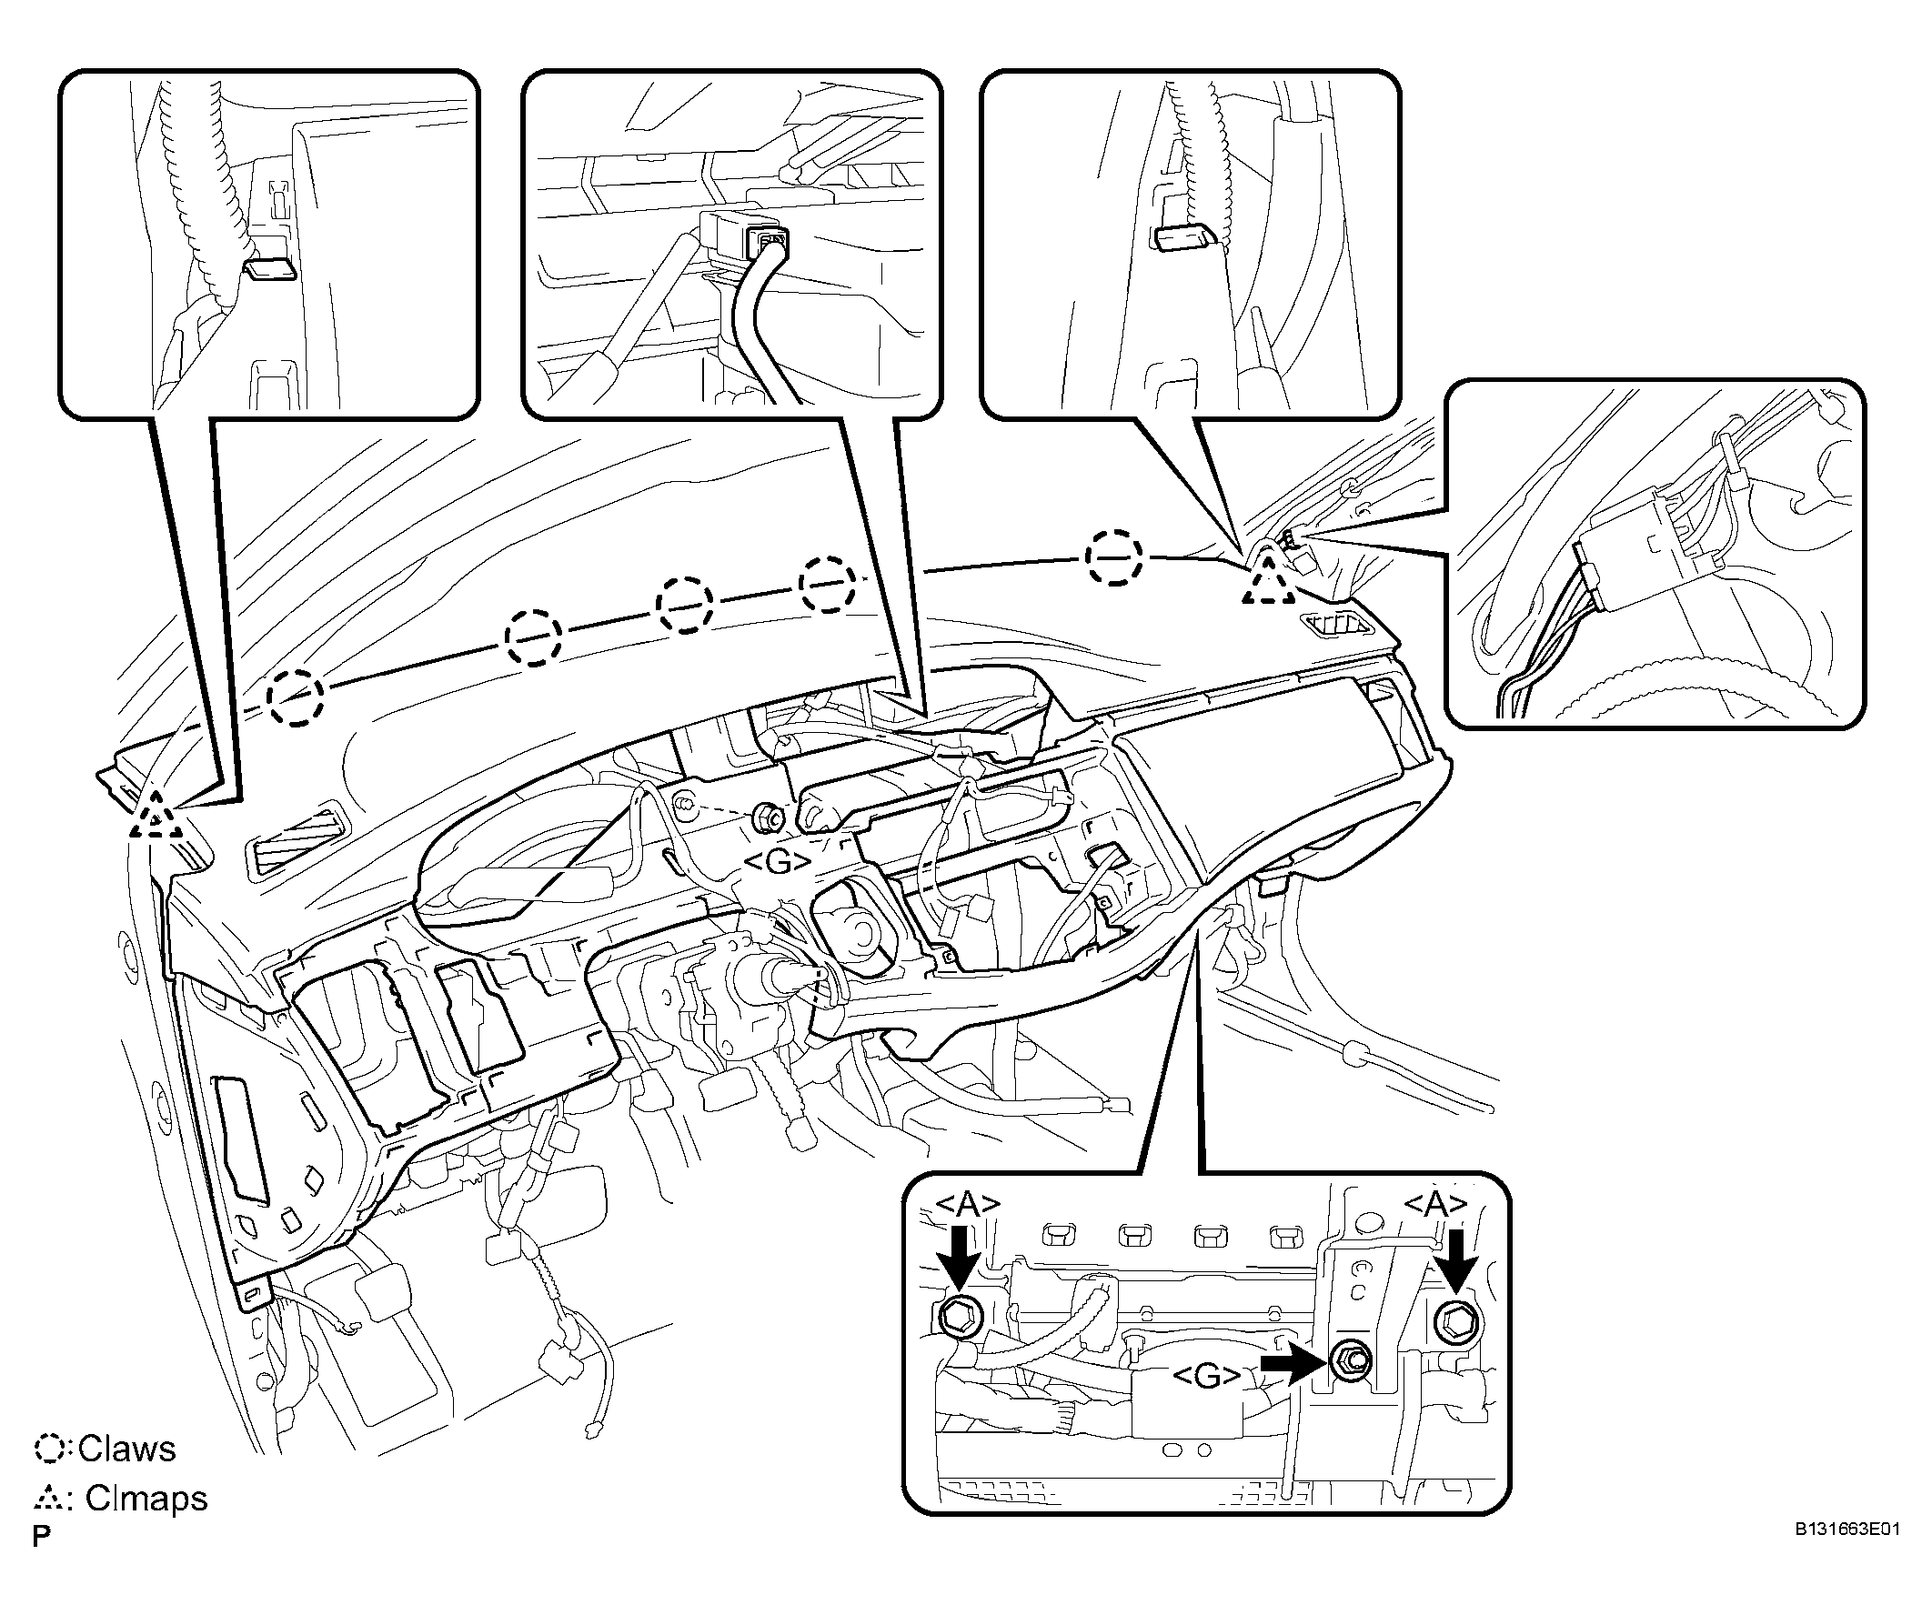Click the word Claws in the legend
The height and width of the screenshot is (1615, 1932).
(127, 1449)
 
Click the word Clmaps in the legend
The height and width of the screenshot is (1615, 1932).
(146, 1499)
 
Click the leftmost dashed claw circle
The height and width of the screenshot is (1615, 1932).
(297, 697)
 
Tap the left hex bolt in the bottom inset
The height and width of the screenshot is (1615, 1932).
(960, 1319)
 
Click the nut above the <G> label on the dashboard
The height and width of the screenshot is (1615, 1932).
(766, 814)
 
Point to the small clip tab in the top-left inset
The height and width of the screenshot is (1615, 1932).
(268, 269)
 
